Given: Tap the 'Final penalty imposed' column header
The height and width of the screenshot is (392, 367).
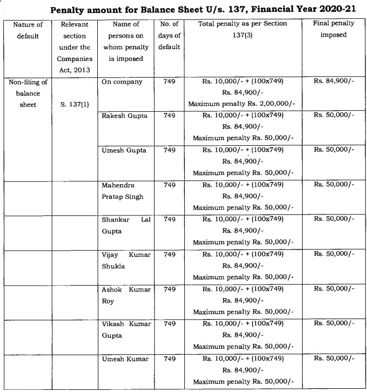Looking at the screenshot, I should coord(333,29).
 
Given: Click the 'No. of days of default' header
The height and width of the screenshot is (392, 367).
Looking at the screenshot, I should coord(169,36).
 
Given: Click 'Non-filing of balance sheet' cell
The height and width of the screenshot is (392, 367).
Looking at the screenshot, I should coord(28,93).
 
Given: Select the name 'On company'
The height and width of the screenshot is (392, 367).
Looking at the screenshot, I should coord(122,82).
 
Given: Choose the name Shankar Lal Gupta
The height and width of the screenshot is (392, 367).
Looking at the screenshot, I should coord(125,225).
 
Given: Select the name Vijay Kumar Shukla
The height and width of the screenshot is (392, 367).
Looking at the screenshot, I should coord(125,259).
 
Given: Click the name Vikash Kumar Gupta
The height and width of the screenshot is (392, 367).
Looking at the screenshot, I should coord(125,328).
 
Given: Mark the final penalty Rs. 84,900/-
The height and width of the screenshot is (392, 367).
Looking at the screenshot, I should coord(333,82).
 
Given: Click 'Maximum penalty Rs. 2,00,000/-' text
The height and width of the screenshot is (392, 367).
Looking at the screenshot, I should coord(242,103).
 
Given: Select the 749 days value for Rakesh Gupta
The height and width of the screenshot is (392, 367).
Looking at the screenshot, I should coord(169,116).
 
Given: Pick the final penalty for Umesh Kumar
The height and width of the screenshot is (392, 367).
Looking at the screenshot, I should coord(333,358).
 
